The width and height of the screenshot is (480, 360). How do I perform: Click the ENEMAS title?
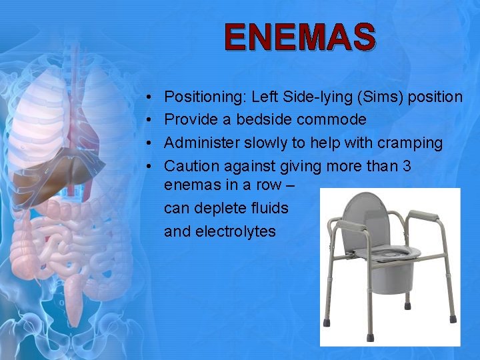(300, 37)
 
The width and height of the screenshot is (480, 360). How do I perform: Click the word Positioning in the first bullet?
(205, 97)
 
